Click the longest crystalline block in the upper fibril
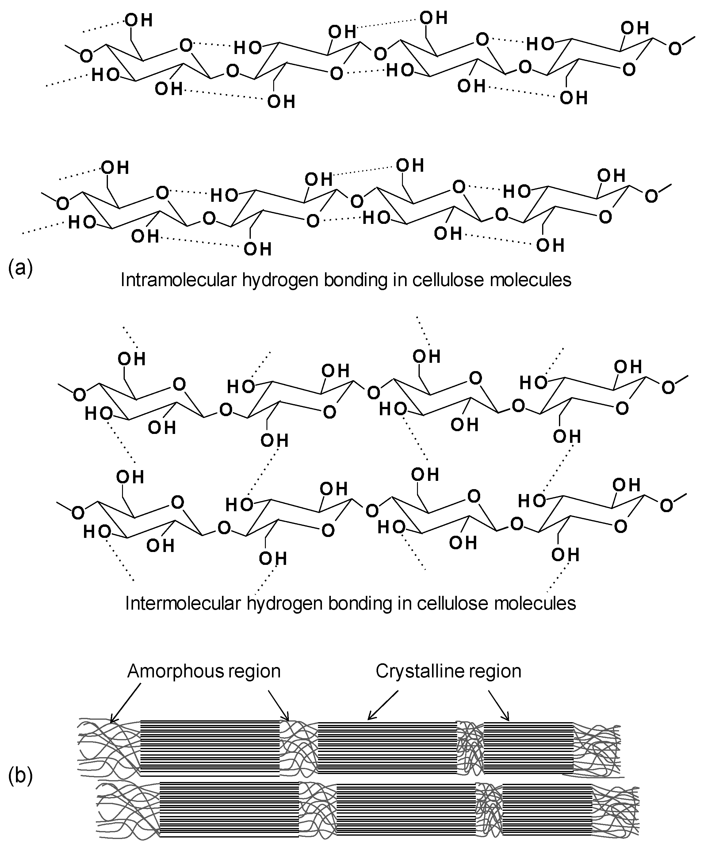[x=210, y=747]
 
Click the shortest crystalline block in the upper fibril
[x=528, y=747]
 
